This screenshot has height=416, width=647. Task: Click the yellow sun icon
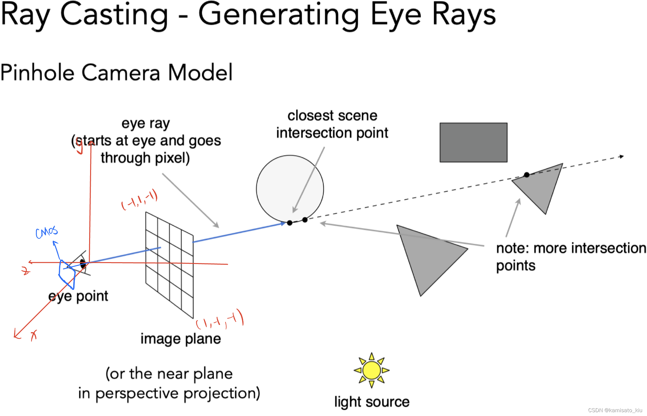pos(371,370)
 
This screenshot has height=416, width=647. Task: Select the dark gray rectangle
pos(473,142)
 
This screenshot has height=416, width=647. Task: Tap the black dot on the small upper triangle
pos(527,175)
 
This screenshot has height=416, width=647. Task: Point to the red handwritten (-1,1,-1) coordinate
pos(140,200)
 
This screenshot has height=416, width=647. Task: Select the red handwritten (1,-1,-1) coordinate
pos(220,320)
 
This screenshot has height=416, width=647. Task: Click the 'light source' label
pos(372,402)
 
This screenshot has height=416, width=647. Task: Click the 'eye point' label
pos(78,296)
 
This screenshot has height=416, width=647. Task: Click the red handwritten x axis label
pos(34,335)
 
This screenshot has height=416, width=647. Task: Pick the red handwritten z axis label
pos(25,271)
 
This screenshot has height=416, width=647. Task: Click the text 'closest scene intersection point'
pos(332,124)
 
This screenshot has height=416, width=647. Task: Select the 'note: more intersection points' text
pos(571,257)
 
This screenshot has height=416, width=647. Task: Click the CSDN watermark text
pos(615,410)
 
